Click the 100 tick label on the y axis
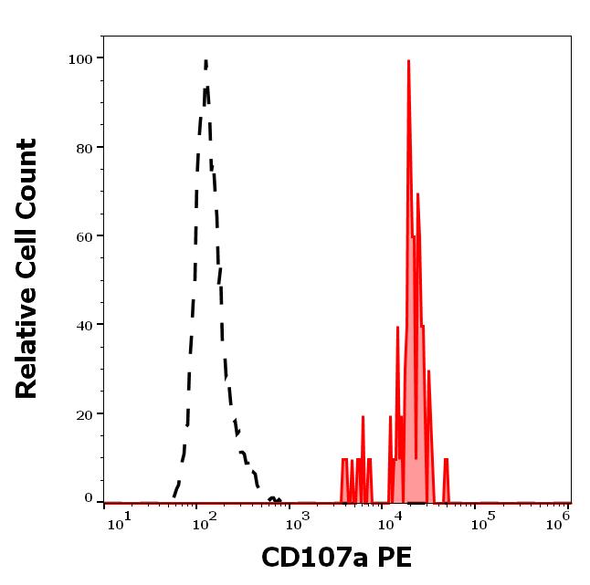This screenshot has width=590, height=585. click(x=81, y=59)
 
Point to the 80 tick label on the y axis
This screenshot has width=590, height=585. click(x=85, y=148)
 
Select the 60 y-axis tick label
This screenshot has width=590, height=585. click(x=85, y=236)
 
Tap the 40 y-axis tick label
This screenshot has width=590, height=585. click(x=85, y=325)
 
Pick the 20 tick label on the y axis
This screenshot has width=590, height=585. click(x=85, y=414)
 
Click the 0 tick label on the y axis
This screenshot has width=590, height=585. click(x=89, y=498)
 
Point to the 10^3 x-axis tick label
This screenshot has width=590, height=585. click(x=297, y=521)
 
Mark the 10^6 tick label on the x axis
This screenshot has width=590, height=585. click(x=559, y=519)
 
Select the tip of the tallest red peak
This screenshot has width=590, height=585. click(x=408, y=60)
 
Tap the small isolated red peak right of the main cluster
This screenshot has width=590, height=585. click(x=446, y=460)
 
